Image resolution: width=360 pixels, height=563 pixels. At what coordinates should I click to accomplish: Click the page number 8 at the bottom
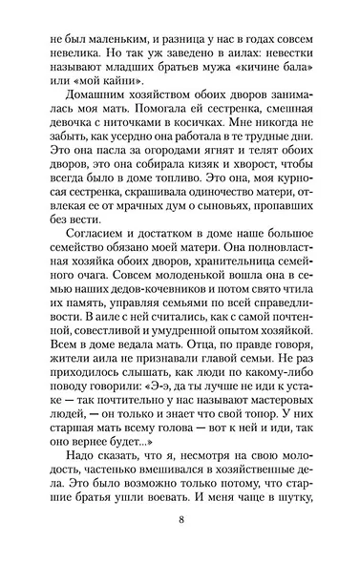(x=180, y=521)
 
